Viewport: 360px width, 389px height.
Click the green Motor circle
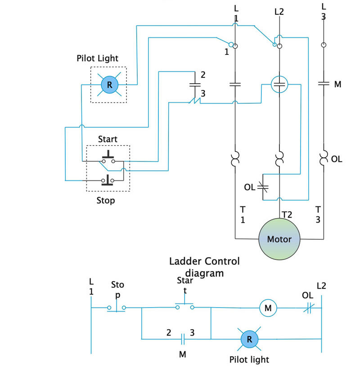click(x=279, y=239)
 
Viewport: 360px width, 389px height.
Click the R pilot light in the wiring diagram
click(x=109, y=85)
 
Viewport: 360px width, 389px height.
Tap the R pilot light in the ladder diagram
click(x=249, y=339)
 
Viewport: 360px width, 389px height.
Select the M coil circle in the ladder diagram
click(x=268, y=308)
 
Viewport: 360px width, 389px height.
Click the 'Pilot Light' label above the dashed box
click(x=97, y=58)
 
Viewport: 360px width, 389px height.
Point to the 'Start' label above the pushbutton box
click(x=108, y=139)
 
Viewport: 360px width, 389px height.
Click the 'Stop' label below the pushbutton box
click(x=106, y=201)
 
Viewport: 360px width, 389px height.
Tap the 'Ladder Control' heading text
click(x=204, y=261)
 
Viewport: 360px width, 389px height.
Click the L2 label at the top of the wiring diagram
click(x=279, y=12)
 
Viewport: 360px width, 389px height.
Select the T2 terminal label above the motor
click(x=287, y=215)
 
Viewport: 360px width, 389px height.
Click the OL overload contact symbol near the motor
click(x=263, y=187)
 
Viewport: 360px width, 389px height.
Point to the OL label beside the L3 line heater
click(x=337, y=159)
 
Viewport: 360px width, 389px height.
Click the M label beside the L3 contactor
click(x=337, y=85)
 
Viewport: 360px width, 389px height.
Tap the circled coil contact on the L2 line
click(x=279, y=85)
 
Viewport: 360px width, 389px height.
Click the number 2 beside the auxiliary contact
click(x=203, y=75)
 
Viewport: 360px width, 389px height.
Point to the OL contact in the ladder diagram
click(x=309, y=308)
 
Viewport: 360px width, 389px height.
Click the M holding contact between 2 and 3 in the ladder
click(x=183, y=339)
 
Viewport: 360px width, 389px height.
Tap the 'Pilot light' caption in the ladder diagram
click(x=249, y=360)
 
